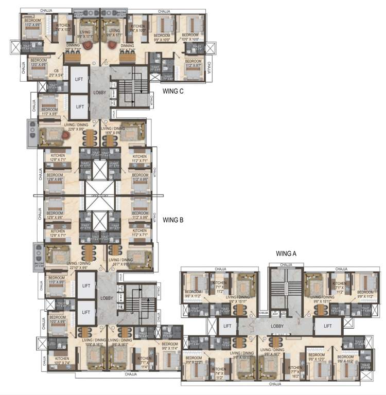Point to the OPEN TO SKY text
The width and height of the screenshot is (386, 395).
tap(97, 196)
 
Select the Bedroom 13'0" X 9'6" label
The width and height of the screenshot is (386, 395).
tap(39, 62)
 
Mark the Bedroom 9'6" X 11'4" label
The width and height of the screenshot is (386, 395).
tap(169, 346)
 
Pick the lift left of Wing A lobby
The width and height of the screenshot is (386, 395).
tap(226, 326)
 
